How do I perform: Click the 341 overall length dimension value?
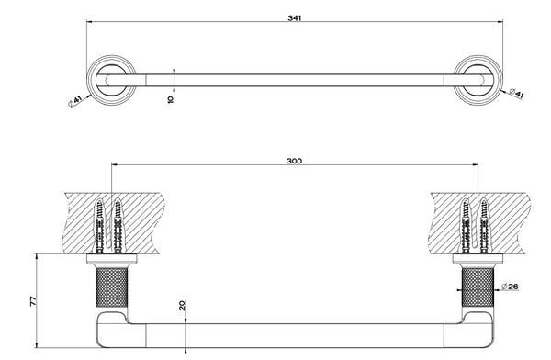295,18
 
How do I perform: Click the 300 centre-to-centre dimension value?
294,161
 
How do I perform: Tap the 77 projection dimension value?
33,301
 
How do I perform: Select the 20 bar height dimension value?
182,305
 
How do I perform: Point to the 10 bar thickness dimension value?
171,99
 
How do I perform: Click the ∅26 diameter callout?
510,287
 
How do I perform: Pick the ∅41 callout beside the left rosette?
75,101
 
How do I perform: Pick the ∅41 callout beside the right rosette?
516,94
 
